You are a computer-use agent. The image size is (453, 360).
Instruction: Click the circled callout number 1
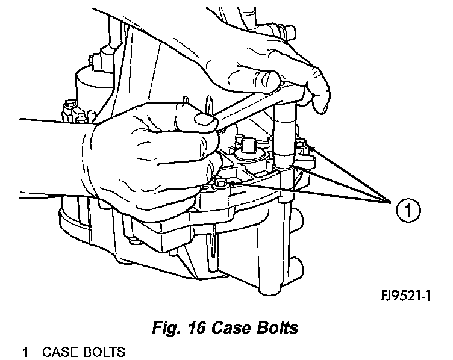pos(407,211)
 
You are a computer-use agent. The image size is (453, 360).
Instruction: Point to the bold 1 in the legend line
pos(25,352)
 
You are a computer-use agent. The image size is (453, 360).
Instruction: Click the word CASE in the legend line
pos(57,352)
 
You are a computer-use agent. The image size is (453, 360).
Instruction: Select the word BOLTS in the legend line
pos(102,352)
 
